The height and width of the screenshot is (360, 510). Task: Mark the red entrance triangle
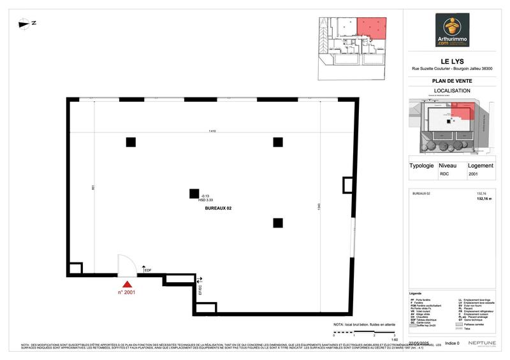point(128,284)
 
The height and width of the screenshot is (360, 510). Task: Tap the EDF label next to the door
point(147,271)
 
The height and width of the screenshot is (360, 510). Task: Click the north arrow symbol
point(27,24)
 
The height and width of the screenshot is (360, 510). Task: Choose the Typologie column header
point(421,165)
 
